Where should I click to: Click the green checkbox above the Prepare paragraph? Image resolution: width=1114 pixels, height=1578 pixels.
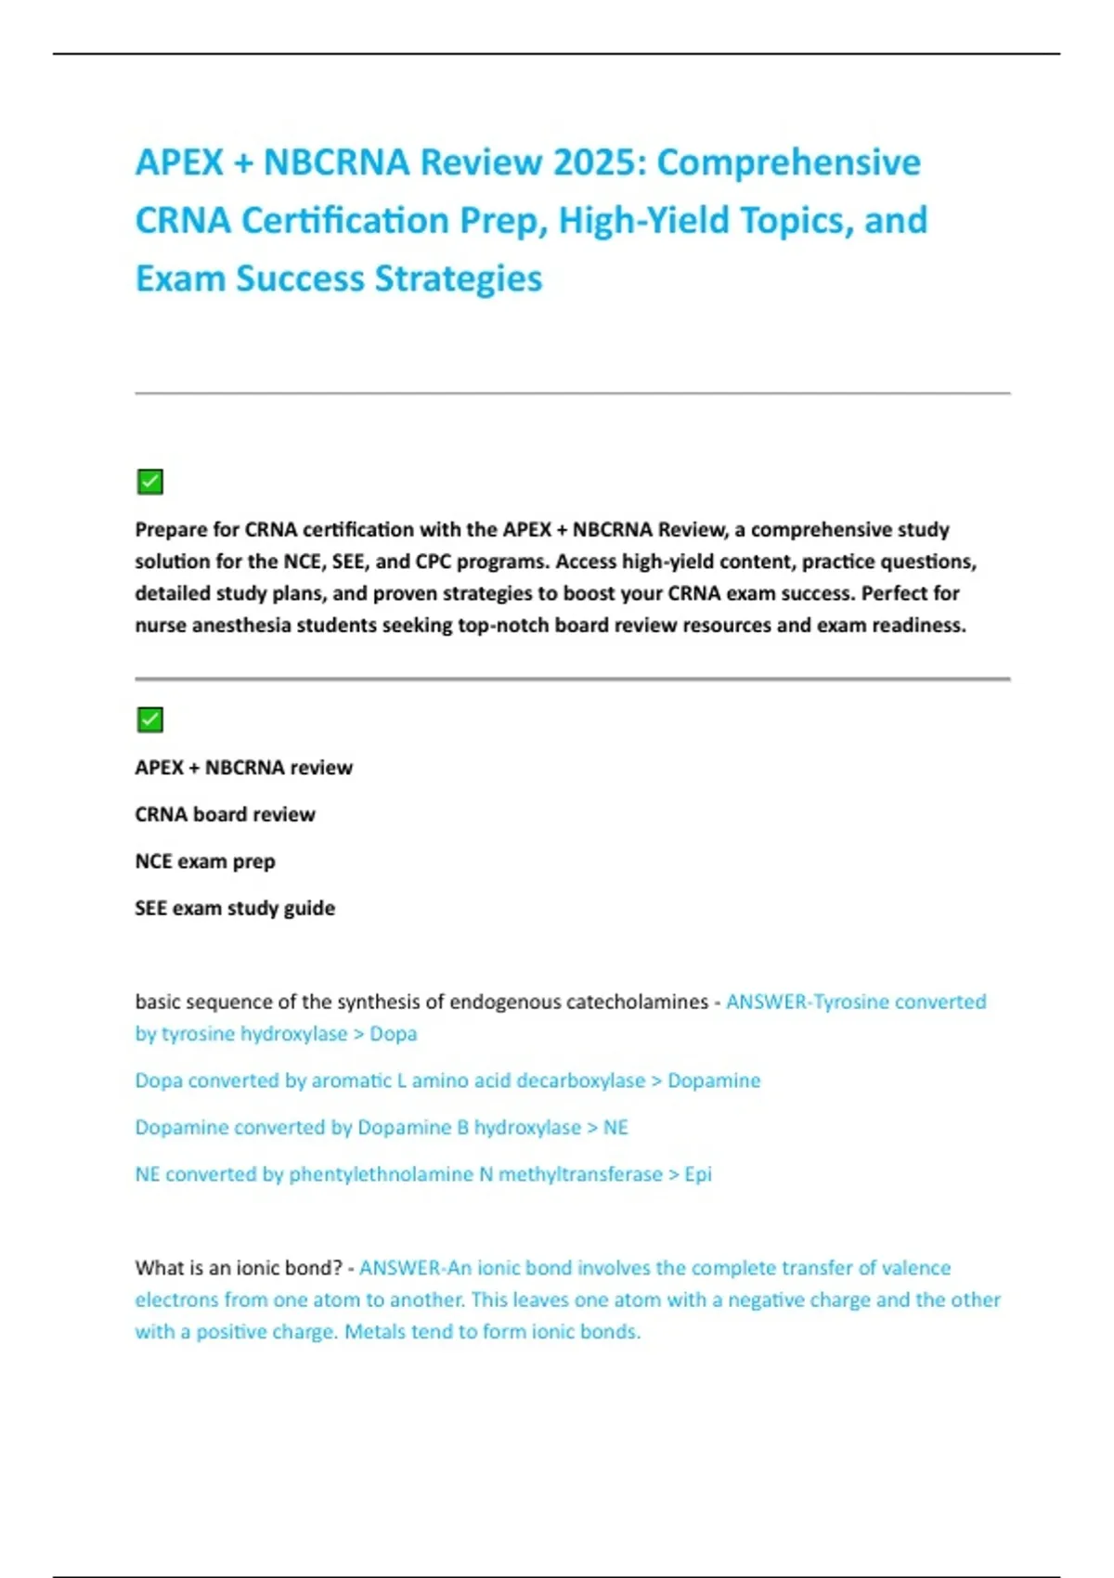coord(149,482)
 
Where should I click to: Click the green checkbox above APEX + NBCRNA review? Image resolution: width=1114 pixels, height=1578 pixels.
coord(149,719)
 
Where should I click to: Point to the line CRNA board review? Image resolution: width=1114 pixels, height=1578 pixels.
coord(225,814)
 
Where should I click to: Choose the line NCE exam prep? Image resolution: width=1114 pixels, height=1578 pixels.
coord(205,861)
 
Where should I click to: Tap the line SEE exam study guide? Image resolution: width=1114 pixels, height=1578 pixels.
coord(235,908)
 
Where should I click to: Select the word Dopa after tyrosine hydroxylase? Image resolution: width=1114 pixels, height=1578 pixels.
coord(394,1033)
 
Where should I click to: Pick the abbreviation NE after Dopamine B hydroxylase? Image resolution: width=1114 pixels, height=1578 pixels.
coord(615,1127)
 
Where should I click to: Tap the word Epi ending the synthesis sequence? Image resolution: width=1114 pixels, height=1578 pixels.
coord(698,1174)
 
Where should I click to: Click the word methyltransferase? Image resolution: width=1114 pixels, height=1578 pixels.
coord(580,1174)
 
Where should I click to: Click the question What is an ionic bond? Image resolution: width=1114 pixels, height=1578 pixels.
coord(239,1268)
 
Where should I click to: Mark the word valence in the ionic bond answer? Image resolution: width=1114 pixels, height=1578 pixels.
coord(916,1268)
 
